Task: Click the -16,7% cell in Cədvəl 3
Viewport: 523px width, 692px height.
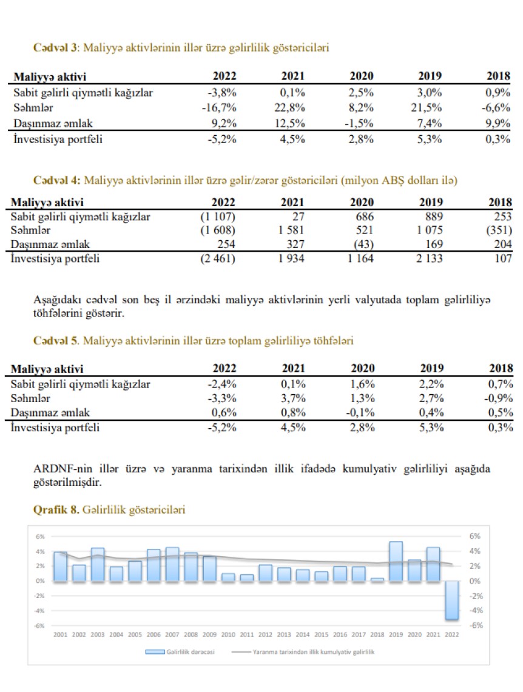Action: (x=218, y=108)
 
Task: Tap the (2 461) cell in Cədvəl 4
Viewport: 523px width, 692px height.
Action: (x=217, y=259)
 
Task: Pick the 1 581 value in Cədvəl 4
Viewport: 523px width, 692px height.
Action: (x=291, y=230)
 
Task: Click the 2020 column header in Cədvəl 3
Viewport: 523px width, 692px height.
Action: (x=362, y=76)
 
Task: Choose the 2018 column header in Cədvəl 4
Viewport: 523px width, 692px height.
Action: (x=499, y=202)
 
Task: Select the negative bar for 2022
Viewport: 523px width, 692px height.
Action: (x=451, y=600)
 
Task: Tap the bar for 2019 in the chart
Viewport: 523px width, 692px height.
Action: (x=396, y=562)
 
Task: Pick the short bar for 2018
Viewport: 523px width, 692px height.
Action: (x=377, y=579)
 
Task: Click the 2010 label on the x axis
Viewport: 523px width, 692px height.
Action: (x=228, y=634)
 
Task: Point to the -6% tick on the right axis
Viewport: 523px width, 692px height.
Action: (x=474, y=625)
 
